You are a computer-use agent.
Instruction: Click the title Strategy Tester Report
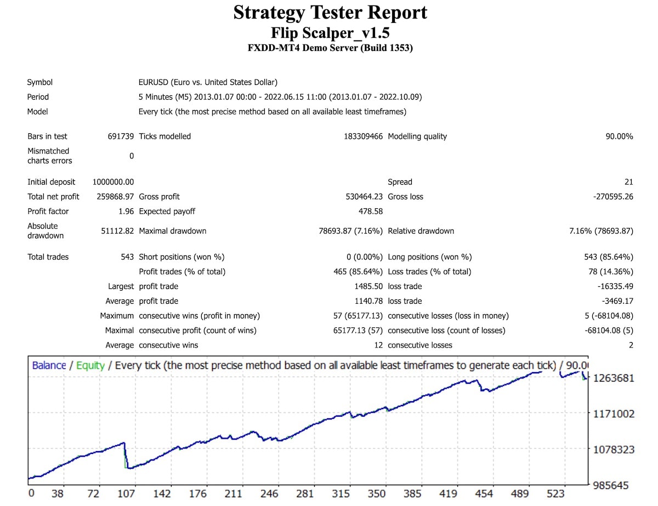(330, 13)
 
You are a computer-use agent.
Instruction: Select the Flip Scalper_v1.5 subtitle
(330, 32)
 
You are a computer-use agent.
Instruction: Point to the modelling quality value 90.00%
(619, 137)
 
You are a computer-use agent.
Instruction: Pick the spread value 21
(628, 182)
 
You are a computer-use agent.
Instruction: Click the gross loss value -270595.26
(613, 197)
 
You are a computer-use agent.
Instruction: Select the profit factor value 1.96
(126, 212)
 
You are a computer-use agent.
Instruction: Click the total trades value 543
(127, 257)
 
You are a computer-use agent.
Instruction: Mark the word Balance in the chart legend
(49, 365)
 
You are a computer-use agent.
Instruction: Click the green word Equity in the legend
(90, 365)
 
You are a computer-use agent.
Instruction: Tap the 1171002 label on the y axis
(613, 414)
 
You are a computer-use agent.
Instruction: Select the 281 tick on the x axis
(305, 493)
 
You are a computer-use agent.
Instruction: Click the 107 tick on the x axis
(126, 493)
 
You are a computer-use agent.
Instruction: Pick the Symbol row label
(40, 83)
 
